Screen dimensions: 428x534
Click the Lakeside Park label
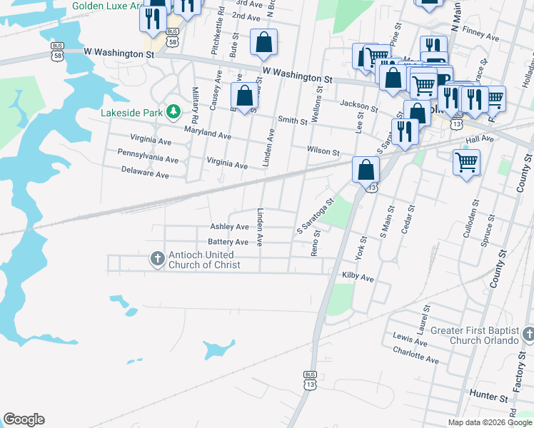click(x=132, y=112)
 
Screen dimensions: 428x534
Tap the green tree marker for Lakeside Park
click(x=173, y=112)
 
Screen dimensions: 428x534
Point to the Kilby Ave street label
click(x=358, y=276)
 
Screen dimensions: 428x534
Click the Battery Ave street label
click(x=228, y=243)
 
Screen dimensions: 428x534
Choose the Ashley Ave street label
click(x=228, y=227)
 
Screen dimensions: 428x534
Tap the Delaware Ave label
click(x=144, y=174)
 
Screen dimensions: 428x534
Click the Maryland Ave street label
click(x=207, y=133)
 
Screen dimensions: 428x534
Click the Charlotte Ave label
click(x=415, y=355)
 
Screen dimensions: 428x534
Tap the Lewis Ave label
click(x=409, y=340)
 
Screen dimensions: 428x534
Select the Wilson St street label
click(x=323, y=151)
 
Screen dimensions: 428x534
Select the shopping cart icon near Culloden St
click(x=466, y=163)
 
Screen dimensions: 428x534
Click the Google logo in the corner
click(x=24, y=419)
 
